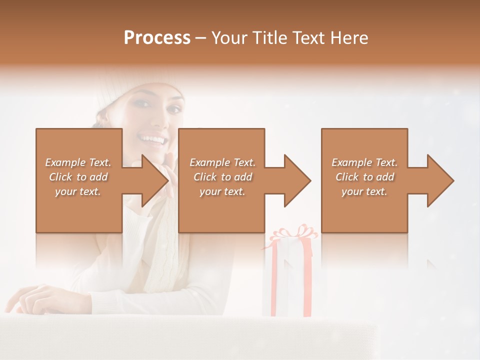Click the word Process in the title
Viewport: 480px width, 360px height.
[157, 38]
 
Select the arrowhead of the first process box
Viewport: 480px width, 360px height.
[154, 180]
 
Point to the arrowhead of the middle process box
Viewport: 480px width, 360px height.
[297, 180]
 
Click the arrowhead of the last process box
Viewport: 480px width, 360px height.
[440, 180]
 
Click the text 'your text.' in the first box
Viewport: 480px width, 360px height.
[78, 191]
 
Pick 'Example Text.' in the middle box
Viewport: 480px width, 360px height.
[222, 162]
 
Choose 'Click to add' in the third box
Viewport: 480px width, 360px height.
[365, 177]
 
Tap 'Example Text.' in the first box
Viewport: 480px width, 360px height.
[78, 162]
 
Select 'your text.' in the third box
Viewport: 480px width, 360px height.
[364, 191]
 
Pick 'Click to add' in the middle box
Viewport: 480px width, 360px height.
[222, 177]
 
